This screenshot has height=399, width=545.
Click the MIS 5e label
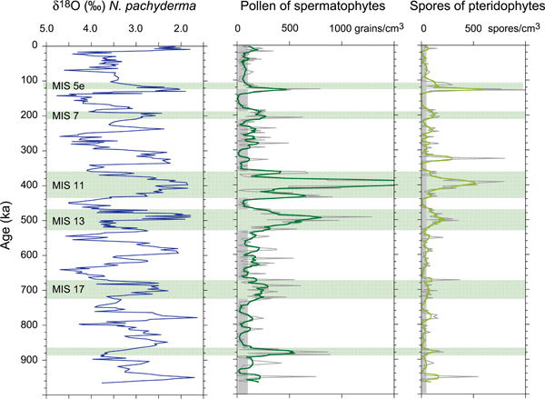click(68, 86)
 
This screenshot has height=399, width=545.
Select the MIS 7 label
click(65, 115)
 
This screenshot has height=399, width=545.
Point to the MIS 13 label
click(68, 221)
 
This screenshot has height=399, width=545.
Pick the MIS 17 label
click(68, 290)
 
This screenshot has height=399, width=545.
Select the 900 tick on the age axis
click(33, 360)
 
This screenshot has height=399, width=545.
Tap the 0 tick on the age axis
click(38, 45)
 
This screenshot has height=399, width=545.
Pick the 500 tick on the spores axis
click(474, 28)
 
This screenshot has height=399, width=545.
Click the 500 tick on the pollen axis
click(290, 28)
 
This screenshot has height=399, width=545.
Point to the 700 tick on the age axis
click(33, 290)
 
